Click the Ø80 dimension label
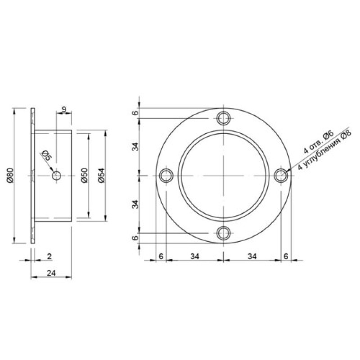point(10,175)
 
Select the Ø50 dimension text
point(84,175)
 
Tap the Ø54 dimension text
point(101,175)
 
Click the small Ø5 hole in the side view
point(56,176)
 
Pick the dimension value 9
point(64,109)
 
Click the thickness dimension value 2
point(49,256)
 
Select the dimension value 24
point(51,273)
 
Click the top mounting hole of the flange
point(223,118)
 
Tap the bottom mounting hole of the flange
point(223,233)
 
